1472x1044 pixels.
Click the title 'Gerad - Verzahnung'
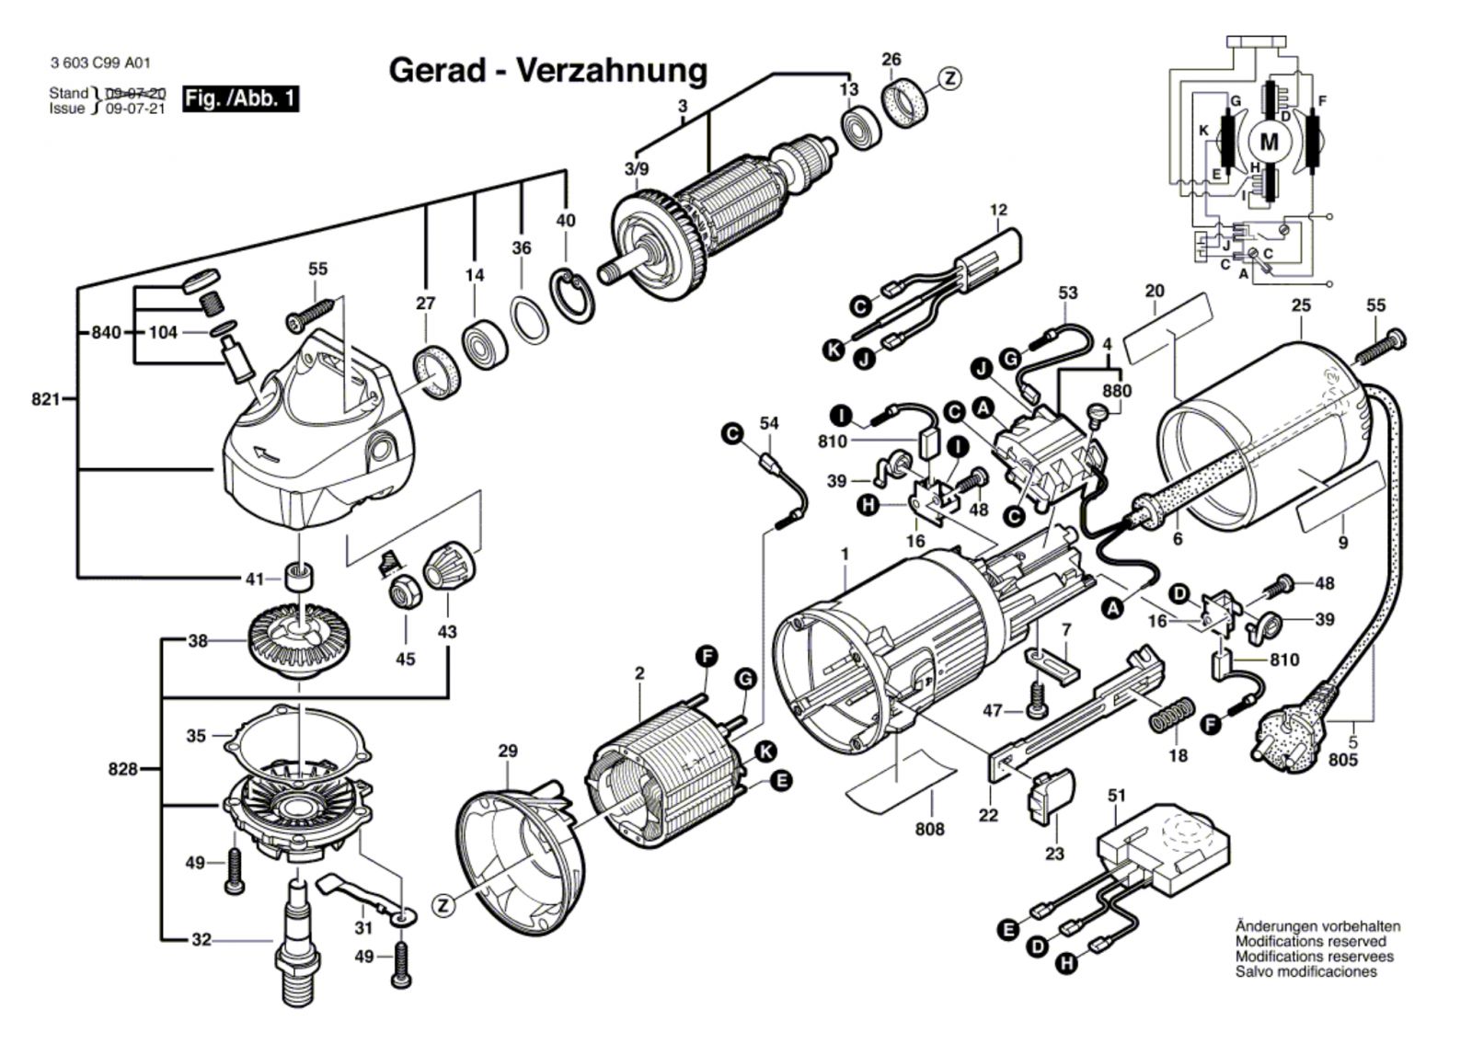[x=548, y=71]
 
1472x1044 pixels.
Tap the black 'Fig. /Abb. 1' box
[x=240, y=98]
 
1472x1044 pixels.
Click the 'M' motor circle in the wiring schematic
[x=1269, y=142]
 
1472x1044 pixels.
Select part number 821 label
[x=45, y=399]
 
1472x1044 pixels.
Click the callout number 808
[x=930, y=829]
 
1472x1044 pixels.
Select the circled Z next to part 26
[x=949, y=78]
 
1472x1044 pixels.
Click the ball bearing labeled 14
[x=485, y=344]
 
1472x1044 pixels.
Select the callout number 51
[x=1117, y=796]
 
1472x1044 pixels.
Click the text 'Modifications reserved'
[x=1310, y=942]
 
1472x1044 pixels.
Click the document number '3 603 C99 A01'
[x=100, y=63]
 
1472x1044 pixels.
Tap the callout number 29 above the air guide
[x=508, y=751]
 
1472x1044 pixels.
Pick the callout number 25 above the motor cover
[x=1301, y=305]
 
